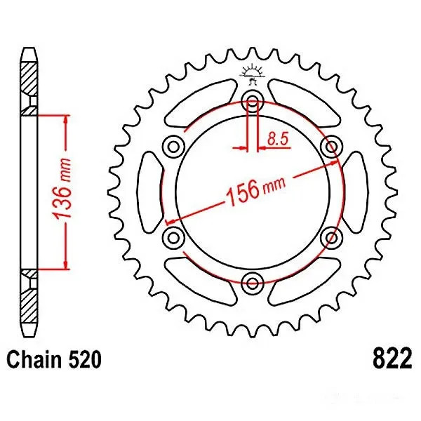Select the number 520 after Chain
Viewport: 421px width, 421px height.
point(84,361)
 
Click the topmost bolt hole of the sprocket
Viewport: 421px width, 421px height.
point(252,100)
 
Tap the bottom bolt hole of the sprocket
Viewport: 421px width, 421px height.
point(252,282)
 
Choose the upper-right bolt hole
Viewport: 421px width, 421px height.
point(331,146)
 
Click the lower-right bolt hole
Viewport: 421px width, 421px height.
point(331,237)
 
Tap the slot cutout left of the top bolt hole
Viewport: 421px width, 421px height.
point(203,104)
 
